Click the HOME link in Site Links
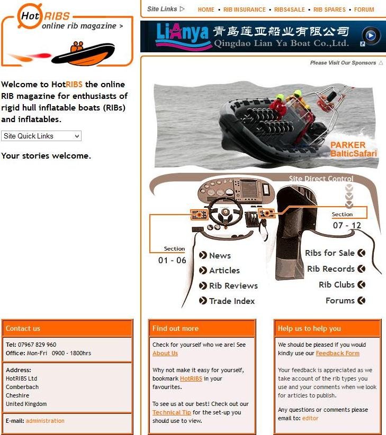206,10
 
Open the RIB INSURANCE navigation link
245,10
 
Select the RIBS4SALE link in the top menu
290,10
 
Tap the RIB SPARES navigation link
329,10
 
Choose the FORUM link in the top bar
364,10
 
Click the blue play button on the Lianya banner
371,35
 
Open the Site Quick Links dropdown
41,136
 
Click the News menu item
215,255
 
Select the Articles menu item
220,270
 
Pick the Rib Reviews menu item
228,285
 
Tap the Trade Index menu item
227,301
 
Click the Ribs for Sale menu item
335,253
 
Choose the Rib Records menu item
336,269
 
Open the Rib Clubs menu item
342,284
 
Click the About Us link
165,353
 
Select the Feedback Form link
338,353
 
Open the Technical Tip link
172,412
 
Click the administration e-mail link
45,421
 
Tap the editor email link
310,418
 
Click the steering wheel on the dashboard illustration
225,212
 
